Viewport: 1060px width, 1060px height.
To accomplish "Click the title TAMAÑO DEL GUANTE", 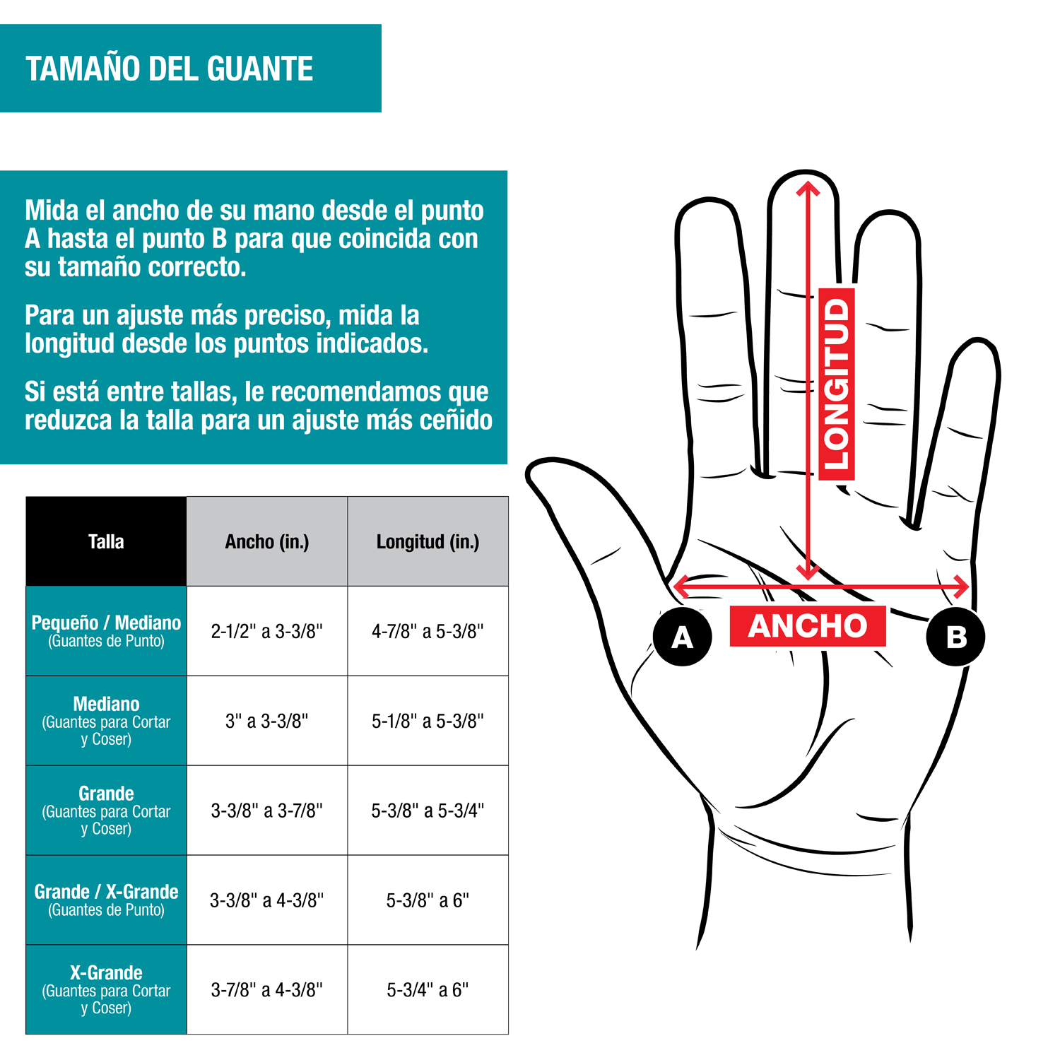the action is (170, 69).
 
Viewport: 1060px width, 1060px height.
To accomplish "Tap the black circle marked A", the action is (682, 636).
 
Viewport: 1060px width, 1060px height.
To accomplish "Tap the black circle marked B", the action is (955, 636).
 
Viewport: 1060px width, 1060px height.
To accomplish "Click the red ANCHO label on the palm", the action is (808, 626).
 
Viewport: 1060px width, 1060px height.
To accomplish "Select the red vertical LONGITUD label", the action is (837, 384).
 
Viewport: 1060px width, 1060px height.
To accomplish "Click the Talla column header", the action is (106, 541).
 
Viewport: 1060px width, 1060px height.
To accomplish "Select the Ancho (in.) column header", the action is (267, 541).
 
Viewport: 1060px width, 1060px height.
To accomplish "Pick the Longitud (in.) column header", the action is (428, 541).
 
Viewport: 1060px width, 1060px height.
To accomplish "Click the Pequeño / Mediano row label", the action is (106, 631).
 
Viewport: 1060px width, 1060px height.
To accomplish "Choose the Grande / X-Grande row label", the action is (106, 900).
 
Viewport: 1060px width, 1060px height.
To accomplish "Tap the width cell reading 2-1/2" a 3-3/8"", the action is (267, 631).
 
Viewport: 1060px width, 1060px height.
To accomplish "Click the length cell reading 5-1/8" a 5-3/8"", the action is (428, 721).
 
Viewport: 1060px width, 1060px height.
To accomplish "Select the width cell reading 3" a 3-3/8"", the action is (267, 721).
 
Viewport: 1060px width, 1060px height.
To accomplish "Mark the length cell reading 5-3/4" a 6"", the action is (428, 989).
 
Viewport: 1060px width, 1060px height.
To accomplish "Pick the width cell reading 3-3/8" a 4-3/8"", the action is (267, 900).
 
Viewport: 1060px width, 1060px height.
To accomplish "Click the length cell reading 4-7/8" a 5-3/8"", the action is (428, 631).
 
